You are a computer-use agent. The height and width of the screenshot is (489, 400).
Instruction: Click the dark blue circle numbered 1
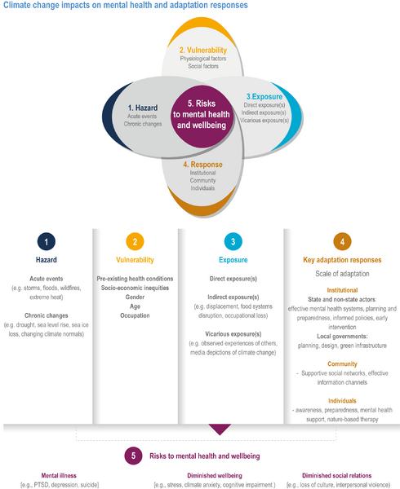click(47, 241)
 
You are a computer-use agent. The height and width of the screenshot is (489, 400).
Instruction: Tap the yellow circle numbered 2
click(135, 241)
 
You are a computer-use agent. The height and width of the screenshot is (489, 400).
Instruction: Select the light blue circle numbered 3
click(233, 241)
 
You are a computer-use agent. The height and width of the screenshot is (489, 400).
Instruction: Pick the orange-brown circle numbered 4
click(342, 241)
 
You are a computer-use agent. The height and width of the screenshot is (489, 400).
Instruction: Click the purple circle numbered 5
click(133, 456)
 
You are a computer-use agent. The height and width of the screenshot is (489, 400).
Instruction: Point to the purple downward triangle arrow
click(220, 429)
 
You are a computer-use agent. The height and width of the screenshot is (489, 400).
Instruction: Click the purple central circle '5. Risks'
click(202, 117)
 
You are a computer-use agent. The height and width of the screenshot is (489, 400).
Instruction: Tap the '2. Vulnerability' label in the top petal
click(203, 51)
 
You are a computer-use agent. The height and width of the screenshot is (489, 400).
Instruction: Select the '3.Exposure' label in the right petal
click(264, 97)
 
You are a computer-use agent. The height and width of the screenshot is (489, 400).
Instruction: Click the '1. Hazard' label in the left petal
click(143, 108)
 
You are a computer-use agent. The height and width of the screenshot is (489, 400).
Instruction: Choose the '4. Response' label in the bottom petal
click(203, 165)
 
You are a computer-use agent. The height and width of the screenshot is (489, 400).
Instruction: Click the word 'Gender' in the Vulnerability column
click(135, 297)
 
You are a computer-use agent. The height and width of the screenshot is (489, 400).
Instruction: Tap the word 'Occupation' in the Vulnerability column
click(135, 315)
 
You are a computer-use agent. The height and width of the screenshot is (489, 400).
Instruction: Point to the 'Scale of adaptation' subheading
click(342, 274)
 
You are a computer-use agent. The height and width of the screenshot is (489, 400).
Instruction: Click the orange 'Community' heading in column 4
click(342, 363)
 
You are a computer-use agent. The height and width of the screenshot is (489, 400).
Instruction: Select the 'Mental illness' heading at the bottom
click(59, 475)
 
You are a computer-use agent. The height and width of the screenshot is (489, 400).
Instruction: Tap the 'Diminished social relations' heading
click(336, 475)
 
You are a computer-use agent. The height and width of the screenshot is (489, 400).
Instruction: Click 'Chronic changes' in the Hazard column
click(47, 315)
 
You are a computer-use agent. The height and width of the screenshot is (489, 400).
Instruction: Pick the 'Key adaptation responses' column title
click(342, 260)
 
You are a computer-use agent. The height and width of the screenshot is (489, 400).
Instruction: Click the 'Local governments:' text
click(342, 336)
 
